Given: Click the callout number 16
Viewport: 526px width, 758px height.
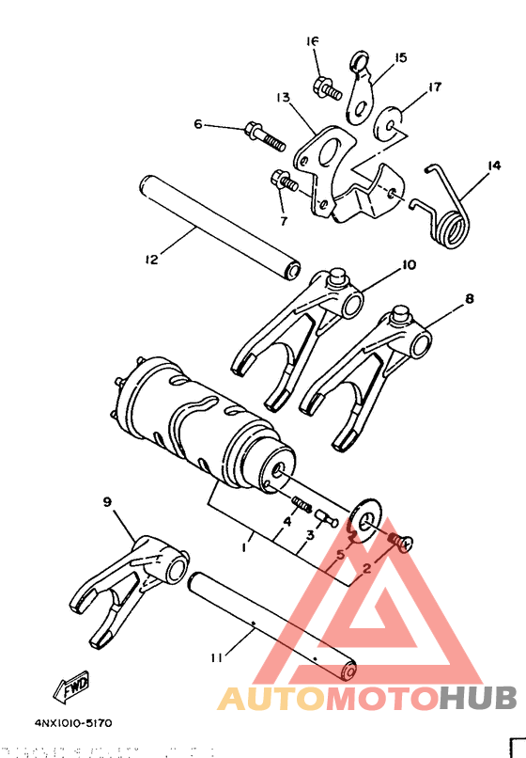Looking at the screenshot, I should coord(313,41).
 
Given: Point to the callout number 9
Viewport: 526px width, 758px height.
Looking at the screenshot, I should coord(106,503).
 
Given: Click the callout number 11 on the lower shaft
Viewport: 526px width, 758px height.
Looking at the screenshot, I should coord(217,660).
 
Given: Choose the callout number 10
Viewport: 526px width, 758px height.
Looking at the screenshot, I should coord(408,265).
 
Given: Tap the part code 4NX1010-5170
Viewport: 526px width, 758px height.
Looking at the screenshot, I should coord(73,723).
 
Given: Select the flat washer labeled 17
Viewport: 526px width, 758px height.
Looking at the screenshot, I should coord(390,119).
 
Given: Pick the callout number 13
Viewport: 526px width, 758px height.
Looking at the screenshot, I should coord(283,97).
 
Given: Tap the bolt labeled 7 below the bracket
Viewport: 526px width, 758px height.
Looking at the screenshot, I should coord(284,180).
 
